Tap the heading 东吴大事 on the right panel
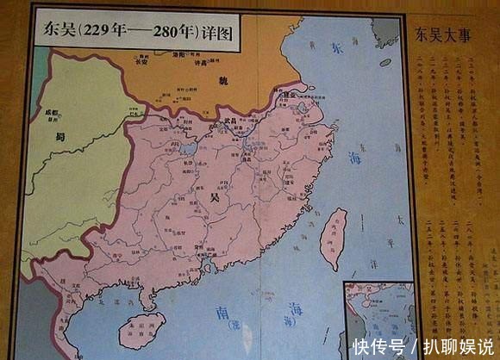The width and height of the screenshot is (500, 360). pyautogui.click(x=441, y=36)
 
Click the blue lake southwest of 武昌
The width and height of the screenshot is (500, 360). pyautogui.click(x=188, y=148)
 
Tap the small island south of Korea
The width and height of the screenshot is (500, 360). pyautogui.click(x=384, y=62)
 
